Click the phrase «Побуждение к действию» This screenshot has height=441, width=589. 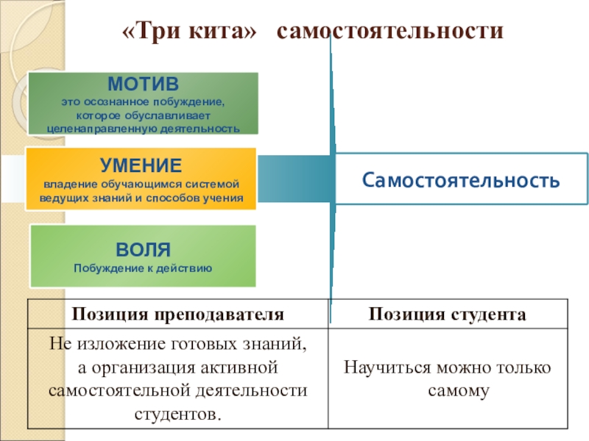pyautogui.click(x=143, y=268)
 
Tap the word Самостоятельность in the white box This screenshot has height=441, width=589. pyautogui.click(x=461, y=179)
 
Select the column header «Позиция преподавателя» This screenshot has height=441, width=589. pyautogui.click(x=177, y=314)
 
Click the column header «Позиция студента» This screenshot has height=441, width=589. pyautogui.click(x=448, y=314)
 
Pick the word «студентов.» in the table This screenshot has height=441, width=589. pyautogui.click(x=177, y=414)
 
